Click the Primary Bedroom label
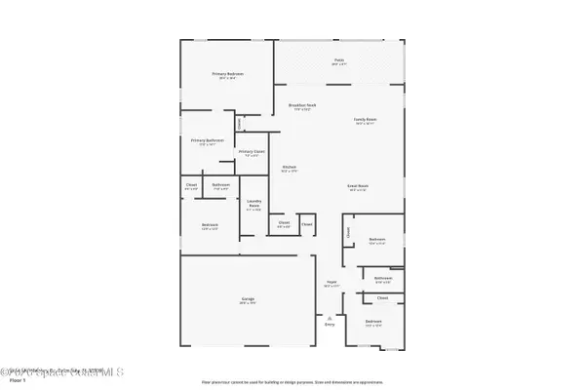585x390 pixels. (x=228, y=74)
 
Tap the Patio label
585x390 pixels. (x=339, y=60)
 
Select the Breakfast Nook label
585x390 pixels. (x=303, y=104)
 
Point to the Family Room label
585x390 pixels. (x=366, y=120)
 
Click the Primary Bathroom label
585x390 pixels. (x=207, y=140)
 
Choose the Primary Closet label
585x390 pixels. (x=252, y=151)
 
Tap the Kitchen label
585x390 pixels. (x=289, y=168)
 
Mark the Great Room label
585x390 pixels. (x=357, y=185)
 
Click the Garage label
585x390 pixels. (x=249, y=299)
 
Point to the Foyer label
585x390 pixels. (x=331, y=284)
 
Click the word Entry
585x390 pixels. (x=330, y=325)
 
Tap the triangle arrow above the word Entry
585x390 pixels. (x=330, y=317)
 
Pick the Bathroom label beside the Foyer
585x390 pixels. (x=382, y=278)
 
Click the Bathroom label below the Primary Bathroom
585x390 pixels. (x=221, y=184)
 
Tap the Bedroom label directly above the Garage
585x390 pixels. (x=210, y=224)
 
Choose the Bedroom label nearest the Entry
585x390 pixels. (x=373, y=321)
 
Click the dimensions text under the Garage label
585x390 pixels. (x=249, y=303)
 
